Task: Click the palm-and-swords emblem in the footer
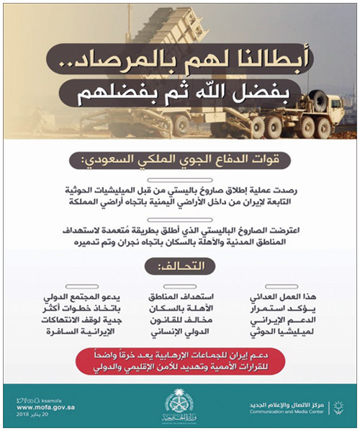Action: (179, 401)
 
